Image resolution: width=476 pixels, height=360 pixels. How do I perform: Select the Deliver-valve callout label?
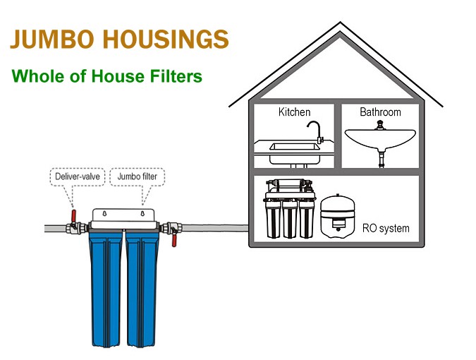(77, 175)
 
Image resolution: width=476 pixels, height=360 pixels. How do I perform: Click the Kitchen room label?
(294, 112)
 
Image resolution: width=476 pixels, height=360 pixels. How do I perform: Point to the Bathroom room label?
(380, 112)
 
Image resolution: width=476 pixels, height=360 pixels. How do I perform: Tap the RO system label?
(386, 228)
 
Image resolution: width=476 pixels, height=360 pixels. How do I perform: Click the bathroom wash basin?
(380, 140)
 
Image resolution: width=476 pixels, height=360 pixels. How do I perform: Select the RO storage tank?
(338, 215)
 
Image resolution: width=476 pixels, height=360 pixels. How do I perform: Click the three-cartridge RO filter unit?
(289, 212)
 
